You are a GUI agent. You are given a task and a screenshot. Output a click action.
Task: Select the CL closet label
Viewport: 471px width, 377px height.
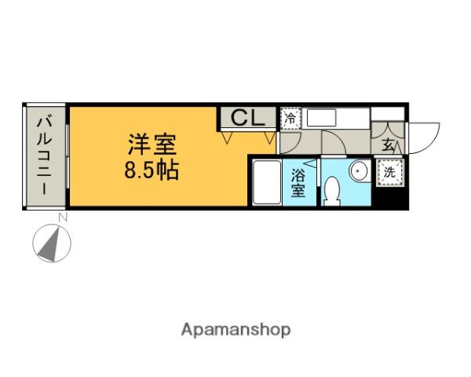click(x=246, y=119)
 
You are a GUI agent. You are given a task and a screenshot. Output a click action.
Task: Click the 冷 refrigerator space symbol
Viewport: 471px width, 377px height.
click(x=290, y=119)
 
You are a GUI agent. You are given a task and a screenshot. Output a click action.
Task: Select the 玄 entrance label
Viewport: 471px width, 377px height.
click(x=389, y=145)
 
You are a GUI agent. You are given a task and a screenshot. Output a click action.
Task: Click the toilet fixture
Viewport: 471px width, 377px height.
click(x=332, y=190)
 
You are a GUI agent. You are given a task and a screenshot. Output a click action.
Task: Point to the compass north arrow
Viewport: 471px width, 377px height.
click(x=52, y=243)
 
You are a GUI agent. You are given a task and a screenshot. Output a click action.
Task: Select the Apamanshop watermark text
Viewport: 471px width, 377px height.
click(x=236, y=330)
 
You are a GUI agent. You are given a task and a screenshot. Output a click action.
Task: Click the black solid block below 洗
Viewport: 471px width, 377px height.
click(x=389, y=196)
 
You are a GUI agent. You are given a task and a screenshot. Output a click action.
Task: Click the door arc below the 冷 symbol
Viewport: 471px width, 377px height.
click(x=288, y=141)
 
